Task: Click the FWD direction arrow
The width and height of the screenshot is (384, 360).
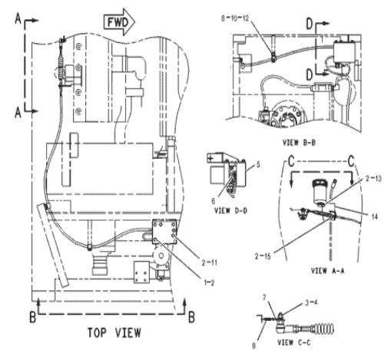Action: pos(119,22)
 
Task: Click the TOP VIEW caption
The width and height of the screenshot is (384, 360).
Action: pos(114,332)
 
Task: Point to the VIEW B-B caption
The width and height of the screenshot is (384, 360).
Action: pos(299,143)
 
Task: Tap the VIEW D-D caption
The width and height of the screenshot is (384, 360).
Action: pos(230,210)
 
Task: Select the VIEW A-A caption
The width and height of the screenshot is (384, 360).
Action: pos(327,270)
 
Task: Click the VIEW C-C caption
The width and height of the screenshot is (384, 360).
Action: pos(294,342)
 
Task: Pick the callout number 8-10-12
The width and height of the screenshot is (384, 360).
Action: pos(235,18)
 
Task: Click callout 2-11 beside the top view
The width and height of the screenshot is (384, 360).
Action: pos(209,263)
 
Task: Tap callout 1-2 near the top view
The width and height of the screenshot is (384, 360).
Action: pos(209,282)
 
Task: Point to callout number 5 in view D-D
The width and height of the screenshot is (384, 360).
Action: pos(258,164)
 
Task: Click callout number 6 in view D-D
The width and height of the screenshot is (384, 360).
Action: pos(213,201)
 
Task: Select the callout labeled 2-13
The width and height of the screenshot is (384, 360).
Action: pos(373,179)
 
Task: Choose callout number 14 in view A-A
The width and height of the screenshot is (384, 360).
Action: pos(375,217)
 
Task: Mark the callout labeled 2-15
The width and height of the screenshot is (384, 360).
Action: pos(263,256)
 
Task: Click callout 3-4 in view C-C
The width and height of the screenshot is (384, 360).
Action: pos(311,302)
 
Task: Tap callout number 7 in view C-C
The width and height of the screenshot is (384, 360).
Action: pos(264,297)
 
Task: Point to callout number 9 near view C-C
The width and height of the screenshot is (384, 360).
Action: pos(253,345)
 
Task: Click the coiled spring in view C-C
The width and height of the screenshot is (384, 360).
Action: pos(325,329)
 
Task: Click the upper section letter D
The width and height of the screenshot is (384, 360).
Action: pos(310,24)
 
